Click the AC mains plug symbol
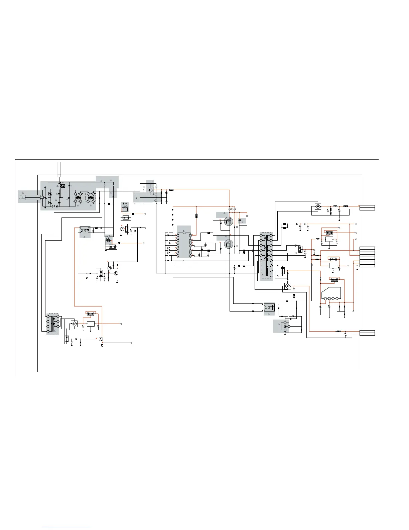click(22, 197)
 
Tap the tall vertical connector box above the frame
click(59, 169)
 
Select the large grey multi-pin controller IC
click(184, 246)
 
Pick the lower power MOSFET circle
click(229, 244)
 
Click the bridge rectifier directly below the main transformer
click(287, 286)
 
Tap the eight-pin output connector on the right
click(367, 257)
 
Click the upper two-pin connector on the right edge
click(367, 208)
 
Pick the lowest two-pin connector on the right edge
click(367, 333)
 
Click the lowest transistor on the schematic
click(101, 339)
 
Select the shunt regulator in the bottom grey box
click(285, 326)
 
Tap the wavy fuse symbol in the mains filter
click(55, 206)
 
